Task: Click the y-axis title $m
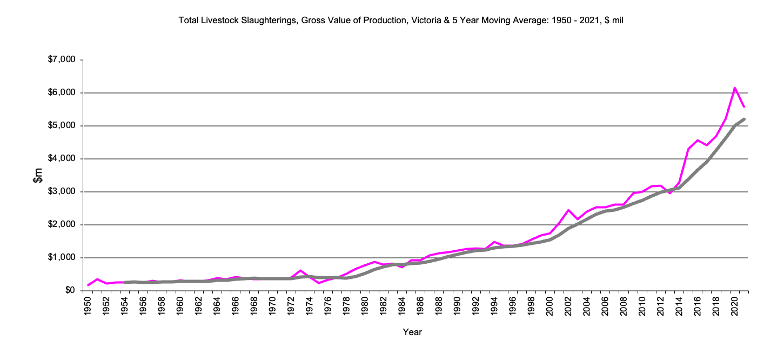pyautogui.click(x=38, y=175)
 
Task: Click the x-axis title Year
pyautogui.click(x=412, y=332)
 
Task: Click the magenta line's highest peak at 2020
pyautogui.click(x=735, y=88)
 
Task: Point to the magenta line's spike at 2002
pyautogui.click(x=568, y=210)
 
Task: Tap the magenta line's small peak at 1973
pyautogui.click(x=300, y=270)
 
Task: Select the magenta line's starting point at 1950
pyautogui.click(x=88, y=285)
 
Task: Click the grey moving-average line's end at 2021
pyautogui.click(x=744, y=119)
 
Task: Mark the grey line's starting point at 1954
pyautogui.click(x=125, y=282)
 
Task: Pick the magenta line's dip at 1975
pyautogui.click(x=319, y=283)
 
